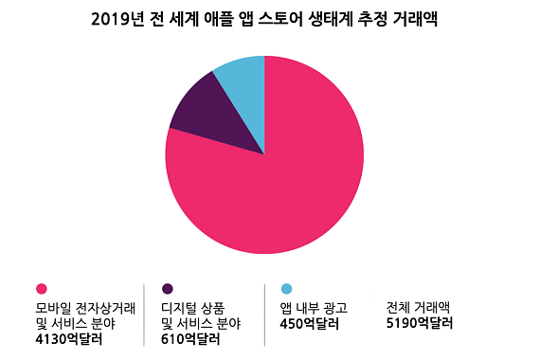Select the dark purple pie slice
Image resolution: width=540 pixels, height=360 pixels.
(208, 114)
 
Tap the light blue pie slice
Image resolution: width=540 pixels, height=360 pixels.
(243, 76)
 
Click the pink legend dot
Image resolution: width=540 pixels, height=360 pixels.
(41, 289)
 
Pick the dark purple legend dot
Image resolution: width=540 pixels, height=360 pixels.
(168, 289)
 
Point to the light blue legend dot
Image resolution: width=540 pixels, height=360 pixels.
(286, 289)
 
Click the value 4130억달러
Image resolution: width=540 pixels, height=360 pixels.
(67, 338)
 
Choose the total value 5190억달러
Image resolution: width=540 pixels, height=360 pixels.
(420, 323)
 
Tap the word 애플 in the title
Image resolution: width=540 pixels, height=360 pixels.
(215, 19)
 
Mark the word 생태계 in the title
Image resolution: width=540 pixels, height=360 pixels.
(338, 19)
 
